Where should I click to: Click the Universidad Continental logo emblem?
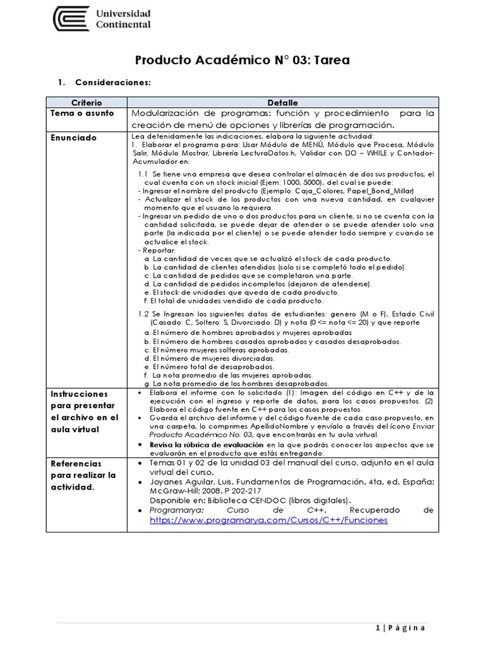coord(71,19)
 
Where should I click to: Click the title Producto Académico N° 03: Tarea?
coord(242,60)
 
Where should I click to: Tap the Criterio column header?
coord(87,102)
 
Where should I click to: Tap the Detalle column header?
coord(282,102)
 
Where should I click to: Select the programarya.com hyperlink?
coord(268,520)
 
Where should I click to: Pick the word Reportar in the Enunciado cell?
coord(155,250)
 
